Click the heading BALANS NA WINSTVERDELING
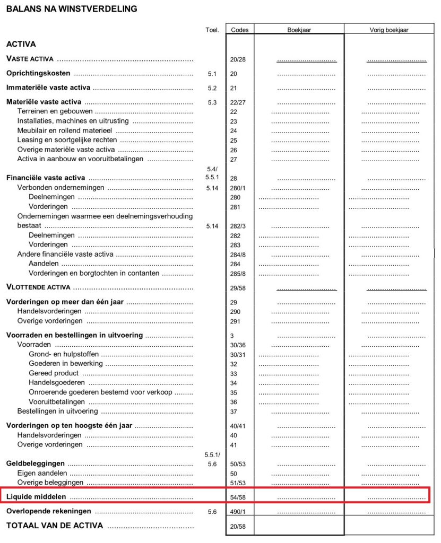click(71, 8)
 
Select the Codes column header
click(240, 30)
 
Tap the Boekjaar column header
click(299, 30)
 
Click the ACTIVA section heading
click(21, 45)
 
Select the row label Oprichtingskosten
click(38, 73)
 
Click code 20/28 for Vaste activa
click(238, 59)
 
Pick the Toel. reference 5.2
click(212, 88)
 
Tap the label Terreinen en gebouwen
click(55, 111)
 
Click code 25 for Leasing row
click(234, 141)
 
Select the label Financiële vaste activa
click(46, 178)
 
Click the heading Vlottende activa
click(38, 287)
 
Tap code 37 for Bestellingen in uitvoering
click(234, 411)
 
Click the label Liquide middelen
click(36, 497)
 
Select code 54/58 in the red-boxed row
click(238, 497)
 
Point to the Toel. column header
click(212, 30)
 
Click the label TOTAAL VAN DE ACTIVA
click(55, 526)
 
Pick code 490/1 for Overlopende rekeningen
click(238, 512)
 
